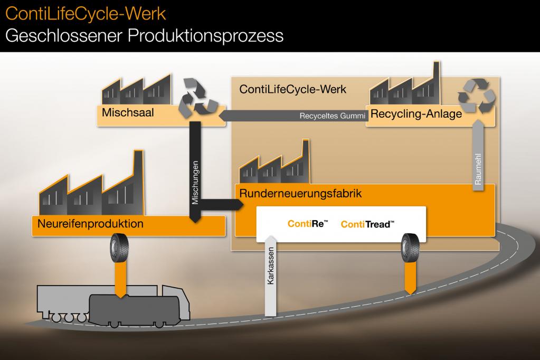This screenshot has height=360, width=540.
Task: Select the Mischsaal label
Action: [x=128, y=112]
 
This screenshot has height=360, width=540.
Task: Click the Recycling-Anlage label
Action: [x=416, y=114]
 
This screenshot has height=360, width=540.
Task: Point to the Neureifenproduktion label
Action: [x=90, y=224]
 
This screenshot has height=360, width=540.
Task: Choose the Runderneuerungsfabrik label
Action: [x=300, y=194]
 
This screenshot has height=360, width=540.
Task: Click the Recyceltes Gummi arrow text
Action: [x=332, y=116]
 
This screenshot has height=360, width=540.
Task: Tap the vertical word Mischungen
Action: [x=195, y=183]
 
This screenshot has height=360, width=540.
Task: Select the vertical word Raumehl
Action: [x=478, y=169]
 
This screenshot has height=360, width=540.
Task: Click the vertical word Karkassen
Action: [x=271, y=266]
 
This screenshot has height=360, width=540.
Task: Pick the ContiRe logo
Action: [x=308, y=224]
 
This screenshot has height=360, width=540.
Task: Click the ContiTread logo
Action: [x=367, y=225]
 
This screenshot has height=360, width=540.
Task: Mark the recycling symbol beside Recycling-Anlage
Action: [x=477, y=96]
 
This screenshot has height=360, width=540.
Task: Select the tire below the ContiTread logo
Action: [x=410, y=248]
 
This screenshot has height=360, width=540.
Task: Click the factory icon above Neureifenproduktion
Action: [x=91, y=184]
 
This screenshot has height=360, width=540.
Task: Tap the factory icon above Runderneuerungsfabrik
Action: [x=274, y=162]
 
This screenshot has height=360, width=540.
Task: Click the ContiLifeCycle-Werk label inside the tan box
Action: [x=293, y=90]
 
